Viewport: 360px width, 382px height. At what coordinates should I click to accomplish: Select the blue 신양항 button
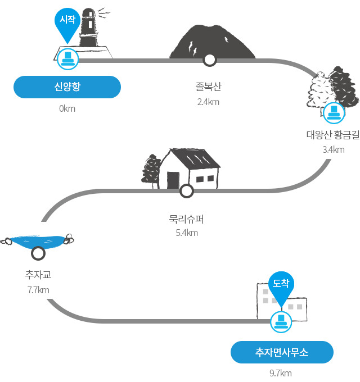point(67,87)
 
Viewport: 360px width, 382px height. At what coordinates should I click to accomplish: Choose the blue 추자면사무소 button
point(282,352)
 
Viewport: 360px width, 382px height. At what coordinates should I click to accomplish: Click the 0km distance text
point(67,108)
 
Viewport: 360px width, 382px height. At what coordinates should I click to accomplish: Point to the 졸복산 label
point(209,87)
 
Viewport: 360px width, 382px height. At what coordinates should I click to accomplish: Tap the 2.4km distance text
point(208,102)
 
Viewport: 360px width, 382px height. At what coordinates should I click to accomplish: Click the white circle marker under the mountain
point(209,60)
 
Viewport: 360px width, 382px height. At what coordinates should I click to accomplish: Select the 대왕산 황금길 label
point(333,134)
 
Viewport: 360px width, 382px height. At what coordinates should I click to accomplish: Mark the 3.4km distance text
point(334,149)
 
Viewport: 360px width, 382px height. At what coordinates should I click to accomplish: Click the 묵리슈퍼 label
point(187,219)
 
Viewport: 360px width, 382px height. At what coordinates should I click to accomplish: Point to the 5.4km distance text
point(187,233)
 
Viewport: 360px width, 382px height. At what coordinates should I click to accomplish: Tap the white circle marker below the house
point(187,191)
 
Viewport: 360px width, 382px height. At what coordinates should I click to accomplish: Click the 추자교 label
point(38,275)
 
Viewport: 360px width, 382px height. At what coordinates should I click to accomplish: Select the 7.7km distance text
point(38,290)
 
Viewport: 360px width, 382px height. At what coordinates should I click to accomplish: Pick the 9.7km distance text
point(281,373)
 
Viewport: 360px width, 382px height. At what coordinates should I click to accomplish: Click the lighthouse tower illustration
point(89,28)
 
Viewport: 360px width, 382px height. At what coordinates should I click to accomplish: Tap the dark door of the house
point(173,180)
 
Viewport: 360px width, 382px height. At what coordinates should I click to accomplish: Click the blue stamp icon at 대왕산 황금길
point(334,113)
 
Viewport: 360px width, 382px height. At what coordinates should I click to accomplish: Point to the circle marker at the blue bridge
point(38,253)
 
